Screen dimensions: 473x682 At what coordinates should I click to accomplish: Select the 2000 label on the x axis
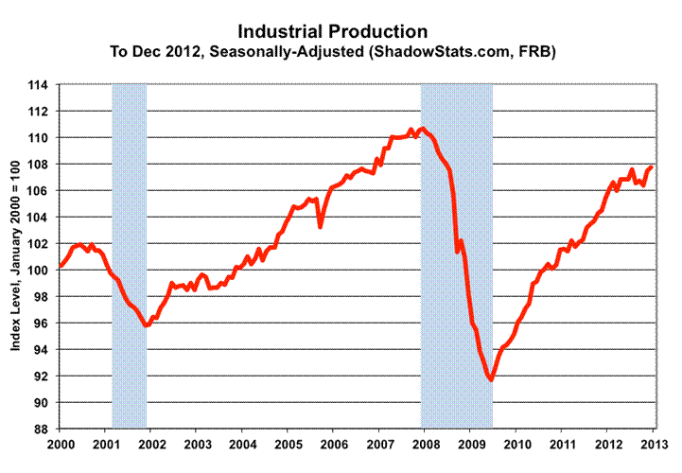[61, 443]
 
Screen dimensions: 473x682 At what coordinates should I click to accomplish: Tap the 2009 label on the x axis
[470, 443]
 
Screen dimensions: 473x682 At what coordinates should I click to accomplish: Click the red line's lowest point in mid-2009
[491, 380]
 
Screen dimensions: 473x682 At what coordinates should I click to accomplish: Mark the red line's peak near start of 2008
[422, 129]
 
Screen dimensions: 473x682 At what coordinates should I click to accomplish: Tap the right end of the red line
[652, 167]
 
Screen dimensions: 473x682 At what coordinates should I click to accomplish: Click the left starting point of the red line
[61, 266]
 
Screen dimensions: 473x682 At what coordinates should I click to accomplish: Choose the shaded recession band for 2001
[130, 255]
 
